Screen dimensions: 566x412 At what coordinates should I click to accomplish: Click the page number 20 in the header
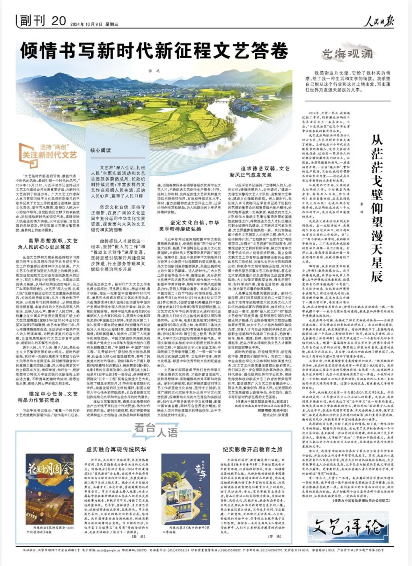click(59, 21)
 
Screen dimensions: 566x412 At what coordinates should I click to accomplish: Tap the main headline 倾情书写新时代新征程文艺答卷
click(154, 50)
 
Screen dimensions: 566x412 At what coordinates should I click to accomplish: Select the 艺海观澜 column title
click(347, 54)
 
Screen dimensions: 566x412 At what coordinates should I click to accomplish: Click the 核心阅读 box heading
click(101, 150)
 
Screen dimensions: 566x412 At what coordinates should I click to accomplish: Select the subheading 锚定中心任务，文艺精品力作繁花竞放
click(48, 397)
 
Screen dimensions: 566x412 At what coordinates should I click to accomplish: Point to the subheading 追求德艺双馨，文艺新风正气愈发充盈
click(259, 172)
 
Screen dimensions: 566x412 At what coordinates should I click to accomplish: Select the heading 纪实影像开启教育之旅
click(252, 449)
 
